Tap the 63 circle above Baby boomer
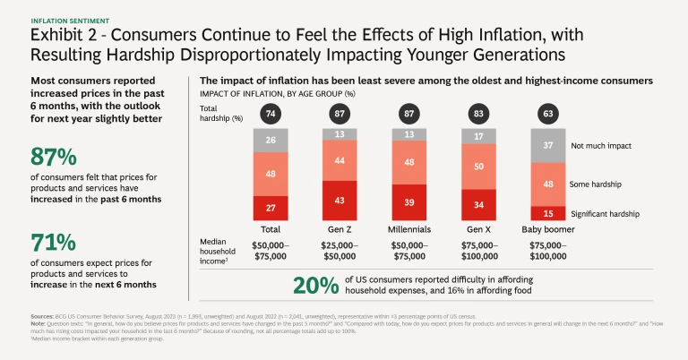[x=549, y=114]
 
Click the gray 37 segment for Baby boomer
[x=549, y=145]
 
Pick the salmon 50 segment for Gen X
[x=481, y=167]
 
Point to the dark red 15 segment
[x=549, y=213]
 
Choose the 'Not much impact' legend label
[x=602, y=145]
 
